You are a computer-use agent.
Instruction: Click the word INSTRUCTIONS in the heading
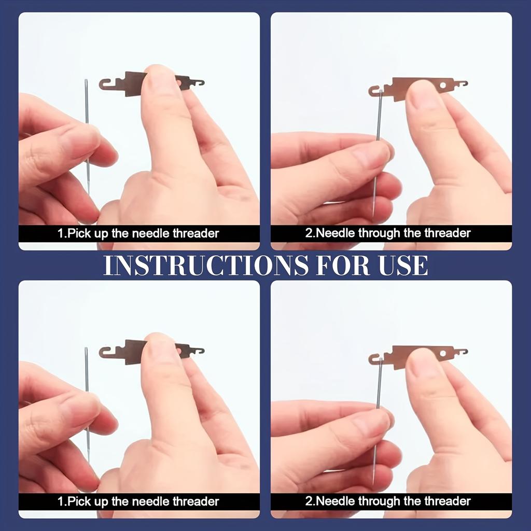(206, 265)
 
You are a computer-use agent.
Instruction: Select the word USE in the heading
(403, 265)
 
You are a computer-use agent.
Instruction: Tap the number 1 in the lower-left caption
(60, 501)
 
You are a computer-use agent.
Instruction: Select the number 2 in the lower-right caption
(309, 501)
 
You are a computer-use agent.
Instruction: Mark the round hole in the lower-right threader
(443, 354)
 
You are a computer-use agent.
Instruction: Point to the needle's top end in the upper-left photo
(86, 80)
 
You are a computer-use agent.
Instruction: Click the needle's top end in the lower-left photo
(86, 348)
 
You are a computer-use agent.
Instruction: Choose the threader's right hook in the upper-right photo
(463, 83)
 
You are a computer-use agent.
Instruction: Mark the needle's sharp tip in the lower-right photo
(373, 485)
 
